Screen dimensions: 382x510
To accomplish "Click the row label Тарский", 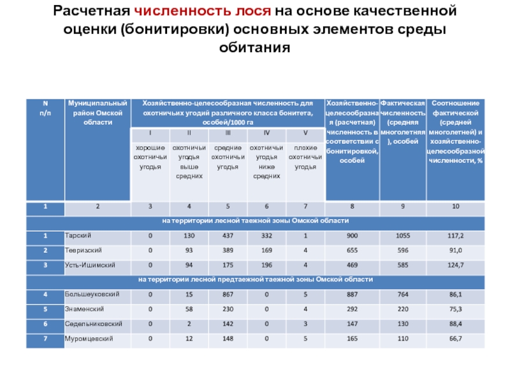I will pyautogui.click(x=75, y=236).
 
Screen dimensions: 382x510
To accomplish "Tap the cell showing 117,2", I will pyautogui.click(x=455, y=236).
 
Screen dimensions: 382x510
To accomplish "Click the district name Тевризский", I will pyautogui.click(x=80, y=250).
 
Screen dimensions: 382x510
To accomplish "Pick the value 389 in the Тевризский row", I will pyautogui.click(x=228, y=250).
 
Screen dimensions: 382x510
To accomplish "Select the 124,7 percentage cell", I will pyautogui.click(x=455, y=264).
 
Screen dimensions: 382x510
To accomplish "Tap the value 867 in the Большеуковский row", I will pyautogui.click(x=228, y=294).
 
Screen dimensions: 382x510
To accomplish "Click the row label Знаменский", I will pyautogui.click(x=82, y=309).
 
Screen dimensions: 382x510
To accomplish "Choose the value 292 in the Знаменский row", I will pyautogui.click(x=353, y=309).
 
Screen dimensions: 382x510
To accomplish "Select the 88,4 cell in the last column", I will pyautogui.click(x=455, y=323).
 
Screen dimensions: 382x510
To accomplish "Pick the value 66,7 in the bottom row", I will pyautogui.click(x=455, y=338).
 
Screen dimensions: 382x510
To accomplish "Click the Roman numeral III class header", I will pyautogui.click(x=228, y=133).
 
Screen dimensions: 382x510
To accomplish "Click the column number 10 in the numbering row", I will pyautogui.click(x=455, y=207).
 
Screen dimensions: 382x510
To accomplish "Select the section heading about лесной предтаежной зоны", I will pyautogui.click(x=255, y=279).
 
